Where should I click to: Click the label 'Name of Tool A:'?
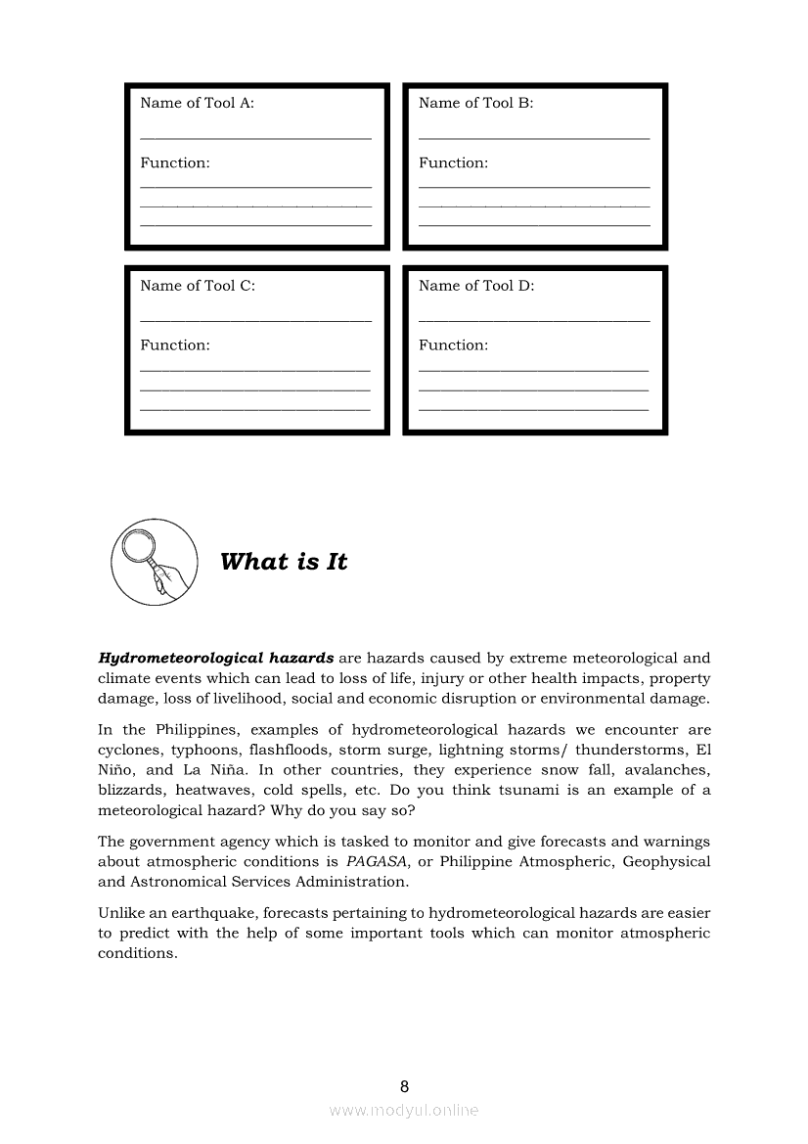click(x=197, y=103)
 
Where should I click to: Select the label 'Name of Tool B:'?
click(x=475, y=103)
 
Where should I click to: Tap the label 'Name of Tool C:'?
click(x=197, y=286)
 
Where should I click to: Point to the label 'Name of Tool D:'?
click(x=476, y=286)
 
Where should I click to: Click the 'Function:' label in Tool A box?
click(x=174, y=163)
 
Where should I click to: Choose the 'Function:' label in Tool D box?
click(x=453, y=345)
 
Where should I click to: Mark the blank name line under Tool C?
click(x=255, y=321)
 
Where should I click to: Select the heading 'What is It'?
click(x=284, y=562)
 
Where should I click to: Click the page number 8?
click(x=404, y=1086)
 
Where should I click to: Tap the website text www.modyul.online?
click(x=404, y=1111)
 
